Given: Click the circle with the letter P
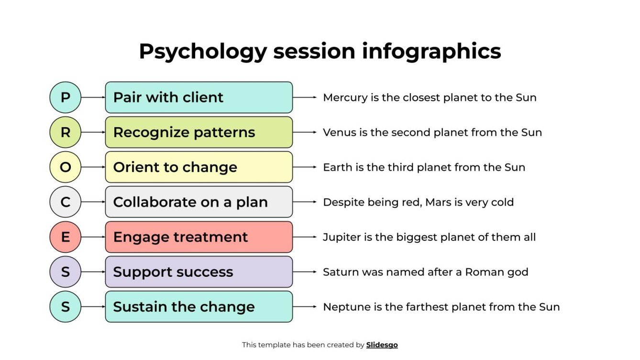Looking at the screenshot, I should tap(66, 98).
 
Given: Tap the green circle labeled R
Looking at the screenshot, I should tap(66, 132).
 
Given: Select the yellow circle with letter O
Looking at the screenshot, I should tap(66, 167).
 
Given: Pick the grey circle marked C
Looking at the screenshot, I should tap(66, 202).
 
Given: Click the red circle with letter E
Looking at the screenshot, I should tap(66, 237).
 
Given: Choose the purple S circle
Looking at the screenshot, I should tap(66, 272).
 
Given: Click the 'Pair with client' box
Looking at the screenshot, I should tap(199, 98).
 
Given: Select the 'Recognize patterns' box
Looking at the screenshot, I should tap(199, 132).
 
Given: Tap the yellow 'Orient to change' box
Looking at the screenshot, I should tap(199, 167).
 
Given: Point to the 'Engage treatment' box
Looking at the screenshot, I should tap(199, 237).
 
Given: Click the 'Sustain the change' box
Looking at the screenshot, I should tap(199, 307).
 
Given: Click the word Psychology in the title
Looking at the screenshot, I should tap(202, 52).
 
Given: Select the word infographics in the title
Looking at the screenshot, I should tap(431, 52).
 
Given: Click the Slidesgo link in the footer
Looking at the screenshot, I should tap(382, 345).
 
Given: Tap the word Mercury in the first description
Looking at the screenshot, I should tap(341, 98).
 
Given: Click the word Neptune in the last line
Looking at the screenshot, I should tap(342, 307).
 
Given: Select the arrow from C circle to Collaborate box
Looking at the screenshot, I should tap(93, 202).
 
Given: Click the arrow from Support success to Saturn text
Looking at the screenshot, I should tap(305, 272).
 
